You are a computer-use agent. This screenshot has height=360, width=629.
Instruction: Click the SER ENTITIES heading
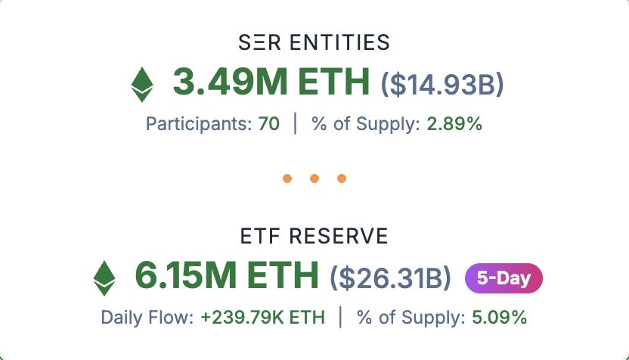314,42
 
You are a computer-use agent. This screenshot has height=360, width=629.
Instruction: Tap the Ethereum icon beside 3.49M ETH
141,84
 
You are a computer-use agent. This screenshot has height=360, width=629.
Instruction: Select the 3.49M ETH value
271,82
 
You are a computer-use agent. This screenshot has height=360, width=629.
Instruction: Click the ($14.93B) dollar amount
442,83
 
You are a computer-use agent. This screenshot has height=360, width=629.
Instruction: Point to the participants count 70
268,124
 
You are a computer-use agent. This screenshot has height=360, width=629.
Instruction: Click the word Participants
197,124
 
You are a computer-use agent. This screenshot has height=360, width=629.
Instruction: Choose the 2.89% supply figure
454,124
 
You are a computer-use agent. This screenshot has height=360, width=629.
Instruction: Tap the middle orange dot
314,179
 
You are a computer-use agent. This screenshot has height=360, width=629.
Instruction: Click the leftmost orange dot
287,179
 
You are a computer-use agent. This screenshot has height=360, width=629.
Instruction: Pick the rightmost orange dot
341,179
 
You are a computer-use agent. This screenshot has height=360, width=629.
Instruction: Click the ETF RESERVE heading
314,236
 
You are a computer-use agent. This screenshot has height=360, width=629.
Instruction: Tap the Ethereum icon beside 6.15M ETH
104,278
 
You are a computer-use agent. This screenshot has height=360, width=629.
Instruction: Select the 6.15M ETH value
226,276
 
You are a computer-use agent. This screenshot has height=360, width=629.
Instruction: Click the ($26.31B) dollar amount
390,278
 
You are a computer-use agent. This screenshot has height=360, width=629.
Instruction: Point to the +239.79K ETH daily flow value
262,318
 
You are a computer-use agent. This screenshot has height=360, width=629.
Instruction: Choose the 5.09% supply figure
499,318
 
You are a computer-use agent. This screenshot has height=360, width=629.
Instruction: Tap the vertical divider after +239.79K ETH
340,318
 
